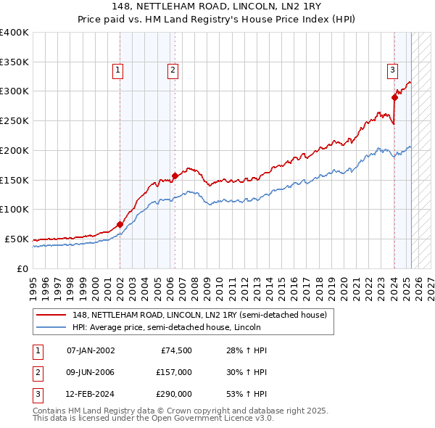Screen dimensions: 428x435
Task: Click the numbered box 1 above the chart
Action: pos(117,70)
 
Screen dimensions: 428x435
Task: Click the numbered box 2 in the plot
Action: pos(173,70)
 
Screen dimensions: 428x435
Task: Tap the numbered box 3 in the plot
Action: pos(392,70)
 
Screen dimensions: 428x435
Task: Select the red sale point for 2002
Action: pos(120,224)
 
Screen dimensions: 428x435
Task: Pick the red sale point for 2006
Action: pos(175,175)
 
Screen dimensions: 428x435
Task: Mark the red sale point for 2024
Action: pos(395,96)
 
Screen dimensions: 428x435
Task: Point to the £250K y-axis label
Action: pos(14,121)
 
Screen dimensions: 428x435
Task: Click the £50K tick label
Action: pos(17,239)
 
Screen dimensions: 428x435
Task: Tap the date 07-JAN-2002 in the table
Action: pos(91,350)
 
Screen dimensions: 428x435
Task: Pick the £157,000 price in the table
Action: pos(174,372)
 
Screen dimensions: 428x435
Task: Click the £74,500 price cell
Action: pos(176,350)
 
